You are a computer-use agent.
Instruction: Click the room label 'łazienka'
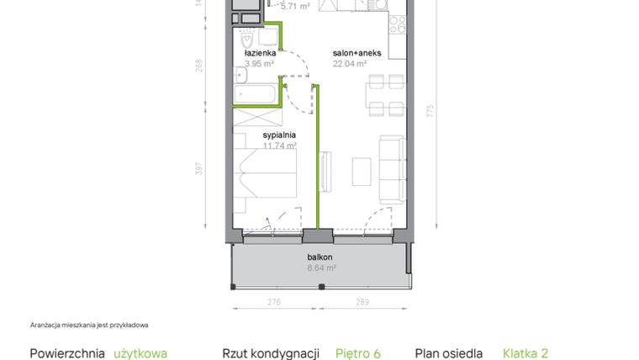258,52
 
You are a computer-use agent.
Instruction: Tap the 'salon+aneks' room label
357,52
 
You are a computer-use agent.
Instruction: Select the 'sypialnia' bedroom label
278,134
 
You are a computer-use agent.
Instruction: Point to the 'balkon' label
320,257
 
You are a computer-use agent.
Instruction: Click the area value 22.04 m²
349,63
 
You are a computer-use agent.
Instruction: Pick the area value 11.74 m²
279,145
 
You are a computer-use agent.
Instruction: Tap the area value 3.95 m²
258,63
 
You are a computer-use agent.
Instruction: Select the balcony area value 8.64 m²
320,268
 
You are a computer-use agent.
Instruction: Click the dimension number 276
274,300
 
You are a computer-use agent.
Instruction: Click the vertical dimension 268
200,65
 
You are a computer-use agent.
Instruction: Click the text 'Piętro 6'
358,354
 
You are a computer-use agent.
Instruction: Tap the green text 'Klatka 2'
525,354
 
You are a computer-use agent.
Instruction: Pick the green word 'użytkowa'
140,354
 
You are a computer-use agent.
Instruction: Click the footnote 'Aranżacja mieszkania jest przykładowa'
94,325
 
